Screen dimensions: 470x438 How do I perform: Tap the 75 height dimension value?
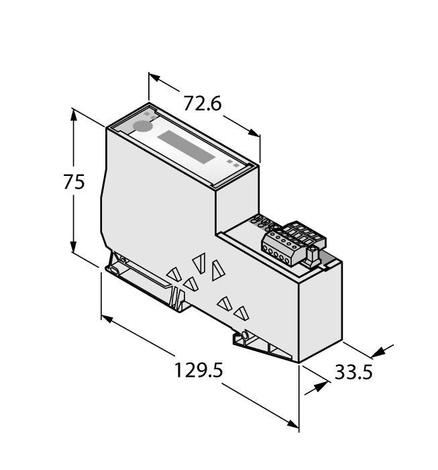coord(74,182)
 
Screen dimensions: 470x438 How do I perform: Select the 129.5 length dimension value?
coord(198,370)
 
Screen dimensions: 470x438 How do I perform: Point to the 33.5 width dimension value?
coord(353,373)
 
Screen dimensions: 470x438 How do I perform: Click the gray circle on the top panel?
coord(142,126)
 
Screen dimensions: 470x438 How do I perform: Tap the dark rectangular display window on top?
coord(187,148)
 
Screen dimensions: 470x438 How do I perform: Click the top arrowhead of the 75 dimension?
coord(73,114)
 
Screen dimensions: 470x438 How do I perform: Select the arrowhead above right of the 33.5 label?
coord(382,350)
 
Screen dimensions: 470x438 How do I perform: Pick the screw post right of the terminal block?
coord(313,253)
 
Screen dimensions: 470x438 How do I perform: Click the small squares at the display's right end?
coord(231,162)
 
